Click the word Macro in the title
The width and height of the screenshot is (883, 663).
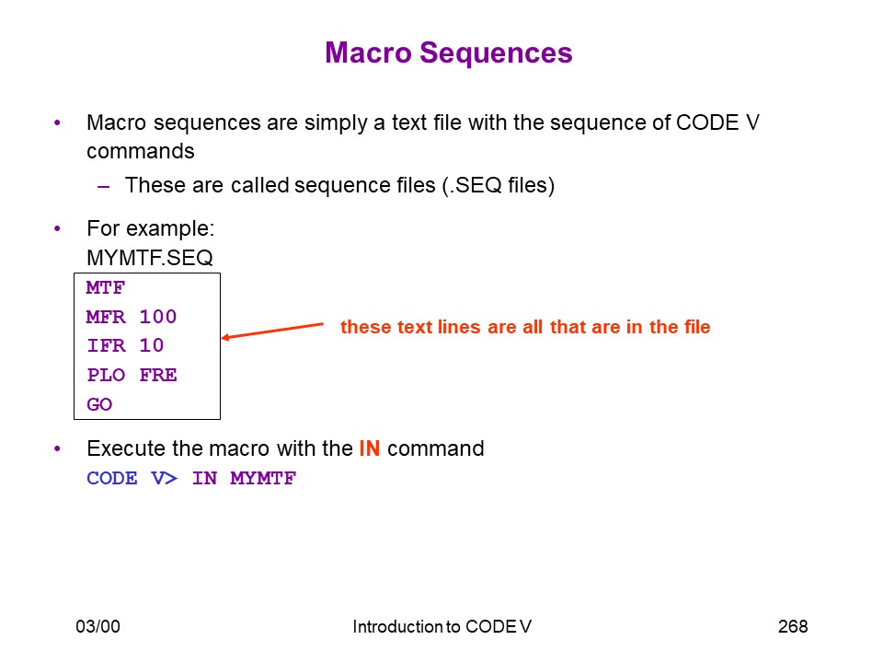click(368, 53)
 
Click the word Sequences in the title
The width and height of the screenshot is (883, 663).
click(496, 53)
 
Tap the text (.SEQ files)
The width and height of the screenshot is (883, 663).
click(499, 185)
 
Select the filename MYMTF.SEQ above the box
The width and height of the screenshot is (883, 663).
click(150, 258)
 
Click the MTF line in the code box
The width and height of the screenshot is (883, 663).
click(105, 287)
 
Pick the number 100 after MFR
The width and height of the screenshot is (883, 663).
click(158, 316)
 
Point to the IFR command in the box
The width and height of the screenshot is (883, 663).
click(106, 345)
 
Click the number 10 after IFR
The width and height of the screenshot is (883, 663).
click(152, 345)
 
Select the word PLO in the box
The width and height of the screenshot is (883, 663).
click(106, 375)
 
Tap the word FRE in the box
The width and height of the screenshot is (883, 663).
click(158, 375)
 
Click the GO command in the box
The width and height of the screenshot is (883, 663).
click(99, 404)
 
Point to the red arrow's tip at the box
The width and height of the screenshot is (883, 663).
click(222, 338)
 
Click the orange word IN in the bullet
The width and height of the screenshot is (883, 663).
click(370, 448)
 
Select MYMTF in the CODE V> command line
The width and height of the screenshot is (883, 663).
click(263, 478)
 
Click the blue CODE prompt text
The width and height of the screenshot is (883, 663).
click(112, 478)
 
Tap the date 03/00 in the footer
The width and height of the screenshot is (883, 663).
click(98, 626)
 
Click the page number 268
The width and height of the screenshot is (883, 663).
click(793, 626)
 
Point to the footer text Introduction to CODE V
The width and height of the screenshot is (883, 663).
click(442, 626)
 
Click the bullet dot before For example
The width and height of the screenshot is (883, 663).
click(57, 229)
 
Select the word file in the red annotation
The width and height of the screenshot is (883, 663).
click(697, 327)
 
